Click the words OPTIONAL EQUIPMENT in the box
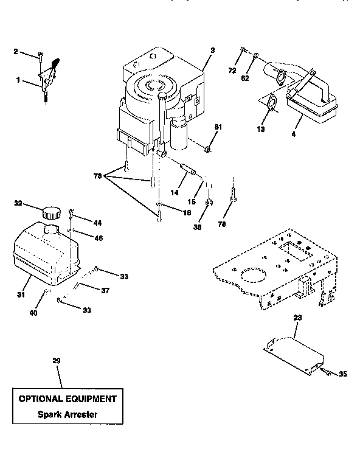click(67, 399)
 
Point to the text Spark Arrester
click(67, 415)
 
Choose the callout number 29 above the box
click(57, 361)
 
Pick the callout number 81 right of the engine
click(217, 126)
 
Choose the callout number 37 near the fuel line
click(105, 291)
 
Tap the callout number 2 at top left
click(16, 52)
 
